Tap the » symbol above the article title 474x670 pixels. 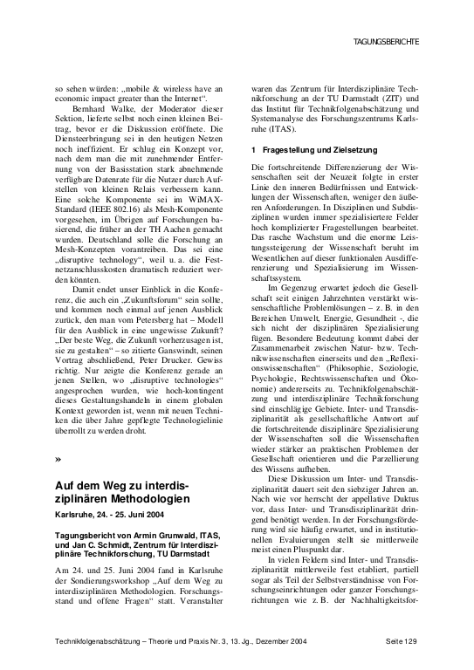(58, 457)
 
